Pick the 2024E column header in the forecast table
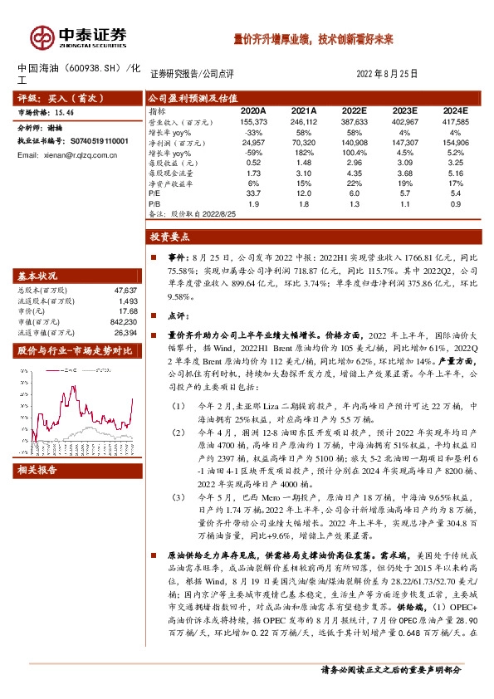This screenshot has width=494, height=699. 455,110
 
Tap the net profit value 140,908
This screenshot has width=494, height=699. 352,143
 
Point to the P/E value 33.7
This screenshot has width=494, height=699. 252,193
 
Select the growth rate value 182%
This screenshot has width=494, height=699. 303,154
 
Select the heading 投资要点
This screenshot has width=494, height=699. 170,237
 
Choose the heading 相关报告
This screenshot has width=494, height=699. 37,470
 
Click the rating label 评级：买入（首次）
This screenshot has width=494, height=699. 52,98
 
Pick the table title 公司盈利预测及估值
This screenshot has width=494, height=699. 188,96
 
